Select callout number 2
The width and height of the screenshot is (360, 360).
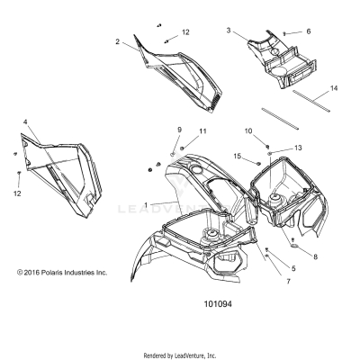pyautogui.click(x=117, y=40)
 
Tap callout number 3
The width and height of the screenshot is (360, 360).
pyautogui.click(x=229, y=31)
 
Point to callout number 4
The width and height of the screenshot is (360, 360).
pyautogui.click(x=25, y=121)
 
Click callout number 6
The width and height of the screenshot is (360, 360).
pyautogui.click(x=308, y=31)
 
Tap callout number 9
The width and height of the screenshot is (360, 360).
pyautogui.click(x=179, y=130)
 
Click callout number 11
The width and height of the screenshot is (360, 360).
pyautogui.click(x=202, y=132)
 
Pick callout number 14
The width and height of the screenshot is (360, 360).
pyautogui.click(x=333, y=88)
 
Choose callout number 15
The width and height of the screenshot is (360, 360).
pyautogui.click(x=238, y=157)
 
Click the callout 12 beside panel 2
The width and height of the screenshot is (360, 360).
pyautogui.click(x=185, y=32)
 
